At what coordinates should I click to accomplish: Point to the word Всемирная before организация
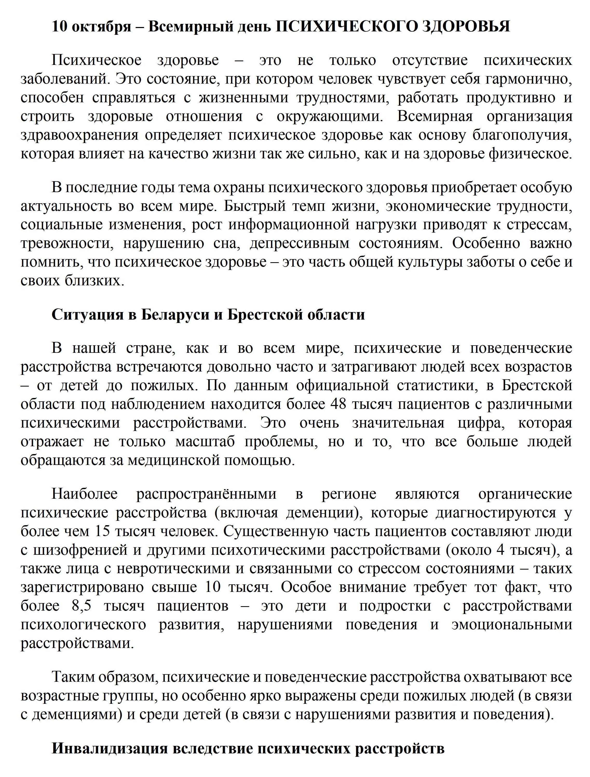tap(435, 116)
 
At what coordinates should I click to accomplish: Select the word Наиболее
tap(85, 494)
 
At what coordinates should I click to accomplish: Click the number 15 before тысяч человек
tap(102, 531)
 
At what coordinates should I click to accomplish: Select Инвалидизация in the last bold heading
tap(109, 748)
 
